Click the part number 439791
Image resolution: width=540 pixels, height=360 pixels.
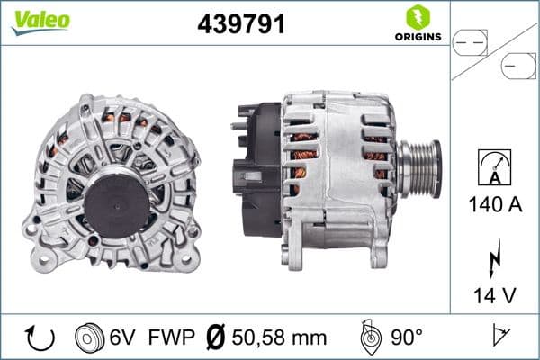click(241, 24)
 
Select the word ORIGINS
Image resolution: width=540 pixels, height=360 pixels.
click(418, 38)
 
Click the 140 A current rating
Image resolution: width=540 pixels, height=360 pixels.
click(496, 205)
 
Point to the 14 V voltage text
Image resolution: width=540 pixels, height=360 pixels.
click(496, 293)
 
